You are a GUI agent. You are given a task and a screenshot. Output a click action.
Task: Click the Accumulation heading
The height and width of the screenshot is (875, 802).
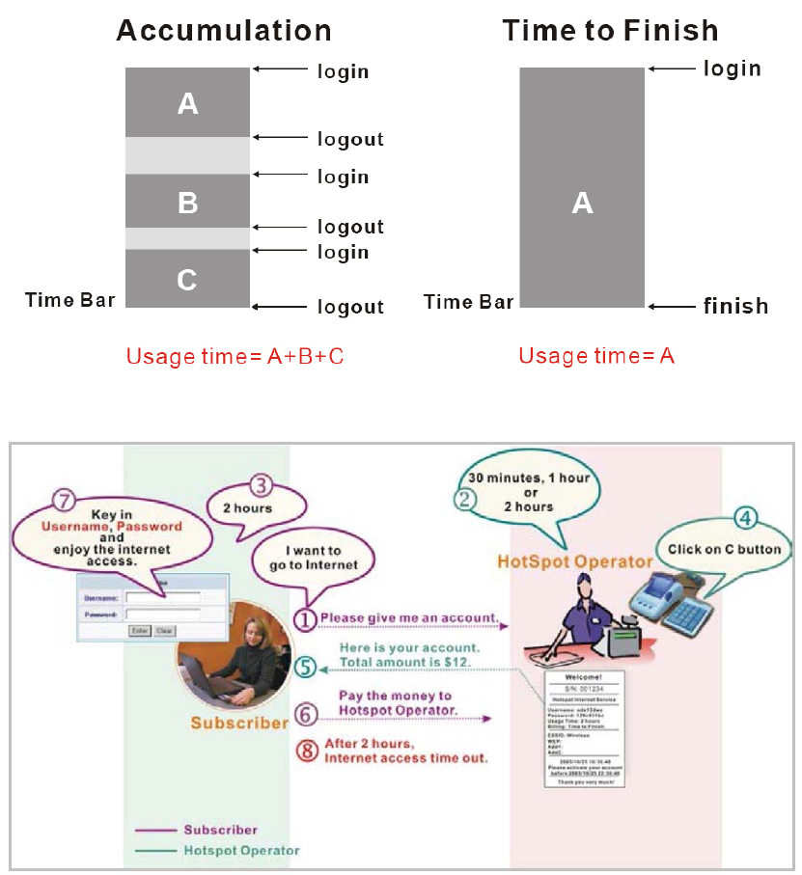point(223,30)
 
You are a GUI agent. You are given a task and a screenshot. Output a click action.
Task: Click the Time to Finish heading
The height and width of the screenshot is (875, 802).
point(610,30)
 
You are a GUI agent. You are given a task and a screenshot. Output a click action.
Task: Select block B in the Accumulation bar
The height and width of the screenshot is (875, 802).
point(188,203)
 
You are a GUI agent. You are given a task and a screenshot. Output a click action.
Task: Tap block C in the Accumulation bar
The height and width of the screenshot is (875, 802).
point(188,280)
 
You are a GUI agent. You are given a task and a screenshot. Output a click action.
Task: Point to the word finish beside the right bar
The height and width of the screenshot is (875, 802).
point(735,307)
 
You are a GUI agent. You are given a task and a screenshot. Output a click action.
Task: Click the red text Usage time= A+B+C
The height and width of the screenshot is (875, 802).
point(235,356)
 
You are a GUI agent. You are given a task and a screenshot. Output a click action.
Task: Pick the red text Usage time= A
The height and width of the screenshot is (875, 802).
point(596,356)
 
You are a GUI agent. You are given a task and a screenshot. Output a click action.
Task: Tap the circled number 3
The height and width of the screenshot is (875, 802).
point(260,486)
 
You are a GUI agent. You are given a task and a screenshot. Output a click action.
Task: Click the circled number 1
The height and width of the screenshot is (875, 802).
point(305,618)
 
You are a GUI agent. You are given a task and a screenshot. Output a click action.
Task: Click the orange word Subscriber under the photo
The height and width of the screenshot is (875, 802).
point(238,723)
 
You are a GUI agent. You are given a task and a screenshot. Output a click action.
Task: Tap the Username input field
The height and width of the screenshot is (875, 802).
point(162,598)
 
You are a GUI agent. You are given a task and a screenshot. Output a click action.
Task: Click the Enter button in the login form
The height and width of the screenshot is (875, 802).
point(141,630)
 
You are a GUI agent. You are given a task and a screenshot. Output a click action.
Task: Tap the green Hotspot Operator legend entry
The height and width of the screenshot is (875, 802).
point(241,851)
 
